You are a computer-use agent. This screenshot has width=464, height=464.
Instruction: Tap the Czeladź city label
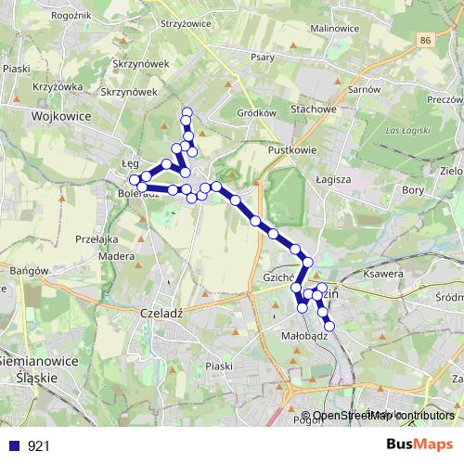click(161, 313)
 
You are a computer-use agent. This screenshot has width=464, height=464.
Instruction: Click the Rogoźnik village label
click(46, 14)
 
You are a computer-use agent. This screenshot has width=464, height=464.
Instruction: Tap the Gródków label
click(257, 112)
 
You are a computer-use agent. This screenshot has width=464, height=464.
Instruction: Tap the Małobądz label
click(304, 338)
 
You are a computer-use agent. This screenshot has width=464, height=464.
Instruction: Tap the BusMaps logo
click(419, 445)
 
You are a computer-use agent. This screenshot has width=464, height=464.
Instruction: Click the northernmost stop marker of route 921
click(187, 113)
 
